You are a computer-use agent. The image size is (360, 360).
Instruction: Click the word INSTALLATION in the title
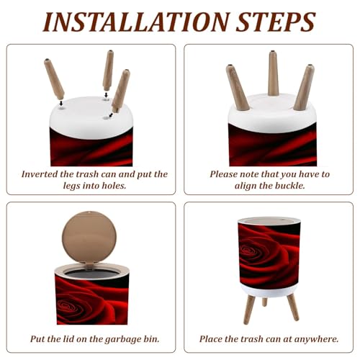pos(136,22)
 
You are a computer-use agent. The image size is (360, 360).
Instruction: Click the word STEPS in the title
pos(276,22)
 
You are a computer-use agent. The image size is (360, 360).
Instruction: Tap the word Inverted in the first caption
pos(40,174)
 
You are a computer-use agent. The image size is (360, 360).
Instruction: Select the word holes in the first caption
pos(114,186)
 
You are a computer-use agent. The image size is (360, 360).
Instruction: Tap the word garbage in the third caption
pos(123,340)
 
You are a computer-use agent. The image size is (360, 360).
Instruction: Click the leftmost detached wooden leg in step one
pos(54,78)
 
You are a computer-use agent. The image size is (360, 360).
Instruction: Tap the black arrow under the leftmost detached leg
pos(61,103)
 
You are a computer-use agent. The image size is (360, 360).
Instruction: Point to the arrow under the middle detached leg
pos(106,95)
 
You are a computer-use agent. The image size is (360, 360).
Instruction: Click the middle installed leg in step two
pos(273,73)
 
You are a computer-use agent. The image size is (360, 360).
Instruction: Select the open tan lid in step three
pos(89,238)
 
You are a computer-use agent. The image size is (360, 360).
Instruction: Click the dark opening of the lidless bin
pos(92,274)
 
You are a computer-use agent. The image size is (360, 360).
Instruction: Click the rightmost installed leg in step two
pos(304,87)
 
